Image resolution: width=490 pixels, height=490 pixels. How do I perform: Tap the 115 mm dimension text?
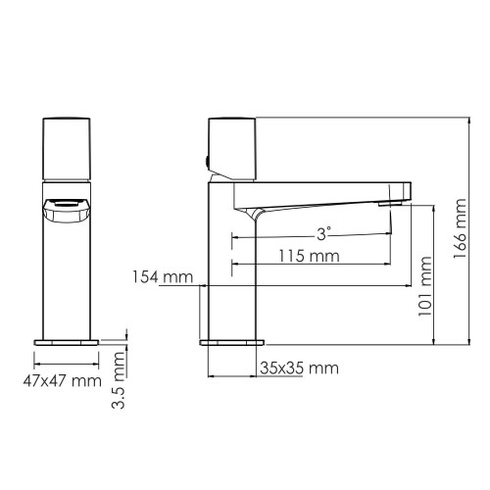[x=307, y=256]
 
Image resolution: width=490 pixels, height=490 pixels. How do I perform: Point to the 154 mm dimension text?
[x=162, y=277]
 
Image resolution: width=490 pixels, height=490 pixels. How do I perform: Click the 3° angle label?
[x=323, y=233]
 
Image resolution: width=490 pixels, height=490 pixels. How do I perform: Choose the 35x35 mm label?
[x=299, y=368]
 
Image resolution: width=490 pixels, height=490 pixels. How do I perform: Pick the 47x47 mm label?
[x=61, y=379]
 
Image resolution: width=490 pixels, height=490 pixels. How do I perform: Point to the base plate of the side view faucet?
[x=232, y=343]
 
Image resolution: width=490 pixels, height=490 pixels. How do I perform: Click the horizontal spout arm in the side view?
[x=323, y=194]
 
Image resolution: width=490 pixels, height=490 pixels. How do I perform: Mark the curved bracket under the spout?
[x=256, y=217]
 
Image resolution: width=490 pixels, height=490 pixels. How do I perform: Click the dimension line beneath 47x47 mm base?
[x=68, y=363]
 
